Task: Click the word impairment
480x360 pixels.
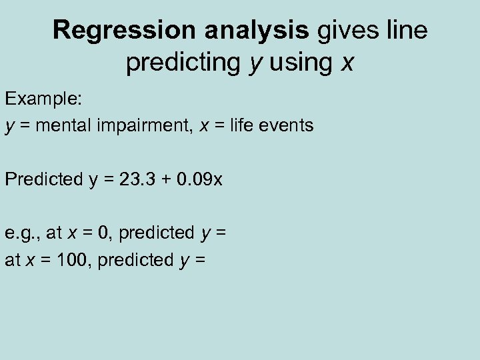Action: point(145,125)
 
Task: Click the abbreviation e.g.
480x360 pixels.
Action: point(23,233)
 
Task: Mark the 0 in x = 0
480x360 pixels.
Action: point(102,233)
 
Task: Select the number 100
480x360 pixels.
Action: point(77,260)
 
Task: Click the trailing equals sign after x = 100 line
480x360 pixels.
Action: point(200,261)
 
